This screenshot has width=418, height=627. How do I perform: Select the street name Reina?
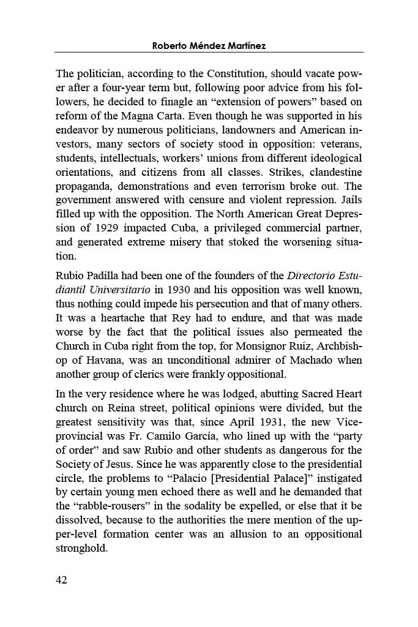(121, 408)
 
